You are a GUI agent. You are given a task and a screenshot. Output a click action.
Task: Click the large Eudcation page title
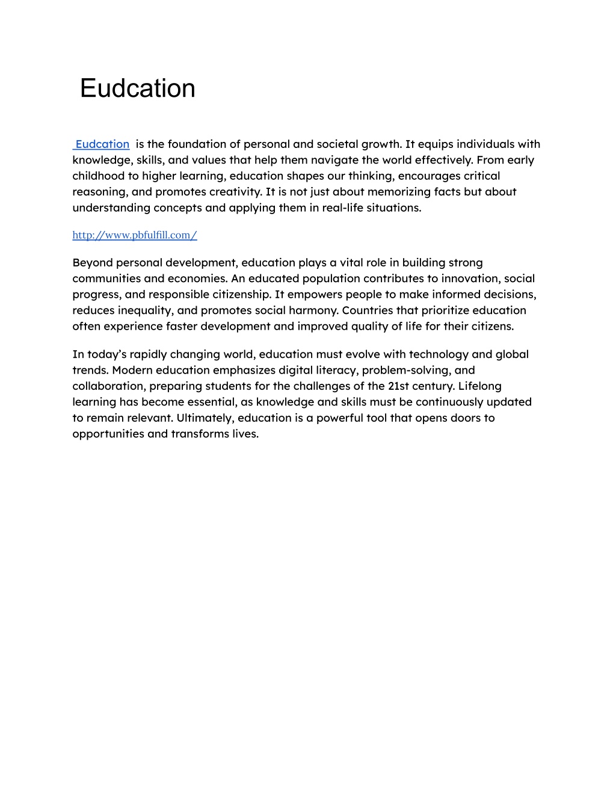click(x=137, y=88)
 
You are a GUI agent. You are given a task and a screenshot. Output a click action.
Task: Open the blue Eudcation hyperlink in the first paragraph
click(x=102, y=144)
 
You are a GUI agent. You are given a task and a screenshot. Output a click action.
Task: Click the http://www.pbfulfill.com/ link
click(x=135, y=235)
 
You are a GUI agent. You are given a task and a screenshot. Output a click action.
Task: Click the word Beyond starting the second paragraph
click(x=92, y=263)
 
